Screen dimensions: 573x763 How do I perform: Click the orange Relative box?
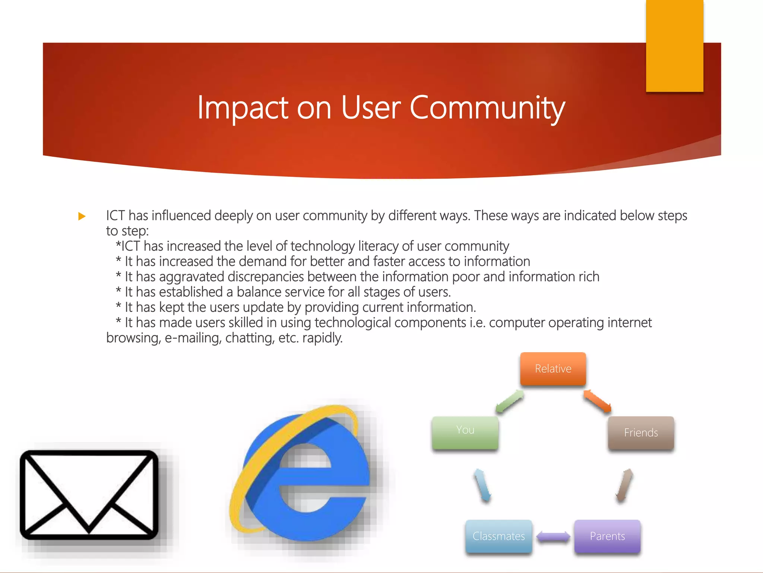click(x=553, y=369)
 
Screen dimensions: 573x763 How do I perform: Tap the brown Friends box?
click(x=641, y=433)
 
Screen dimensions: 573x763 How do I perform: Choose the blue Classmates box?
click(x=498, y=536)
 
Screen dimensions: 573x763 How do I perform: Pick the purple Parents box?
click(x=607, y=536)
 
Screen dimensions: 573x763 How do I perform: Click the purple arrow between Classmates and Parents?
click(x=553, y=537)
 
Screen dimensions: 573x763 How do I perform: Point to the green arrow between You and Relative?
click(x=510, y=401)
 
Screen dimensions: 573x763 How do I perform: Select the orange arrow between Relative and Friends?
click(x=597, y=401)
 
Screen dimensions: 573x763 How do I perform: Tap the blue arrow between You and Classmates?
click(x=482, y=485)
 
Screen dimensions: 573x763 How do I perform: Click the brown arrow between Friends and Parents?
click(x=624, y=485)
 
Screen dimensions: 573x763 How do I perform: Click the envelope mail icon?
click(x=89, y=495)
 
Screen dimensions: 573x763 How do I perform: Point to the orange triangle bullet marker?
click(x=82, y=216)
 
